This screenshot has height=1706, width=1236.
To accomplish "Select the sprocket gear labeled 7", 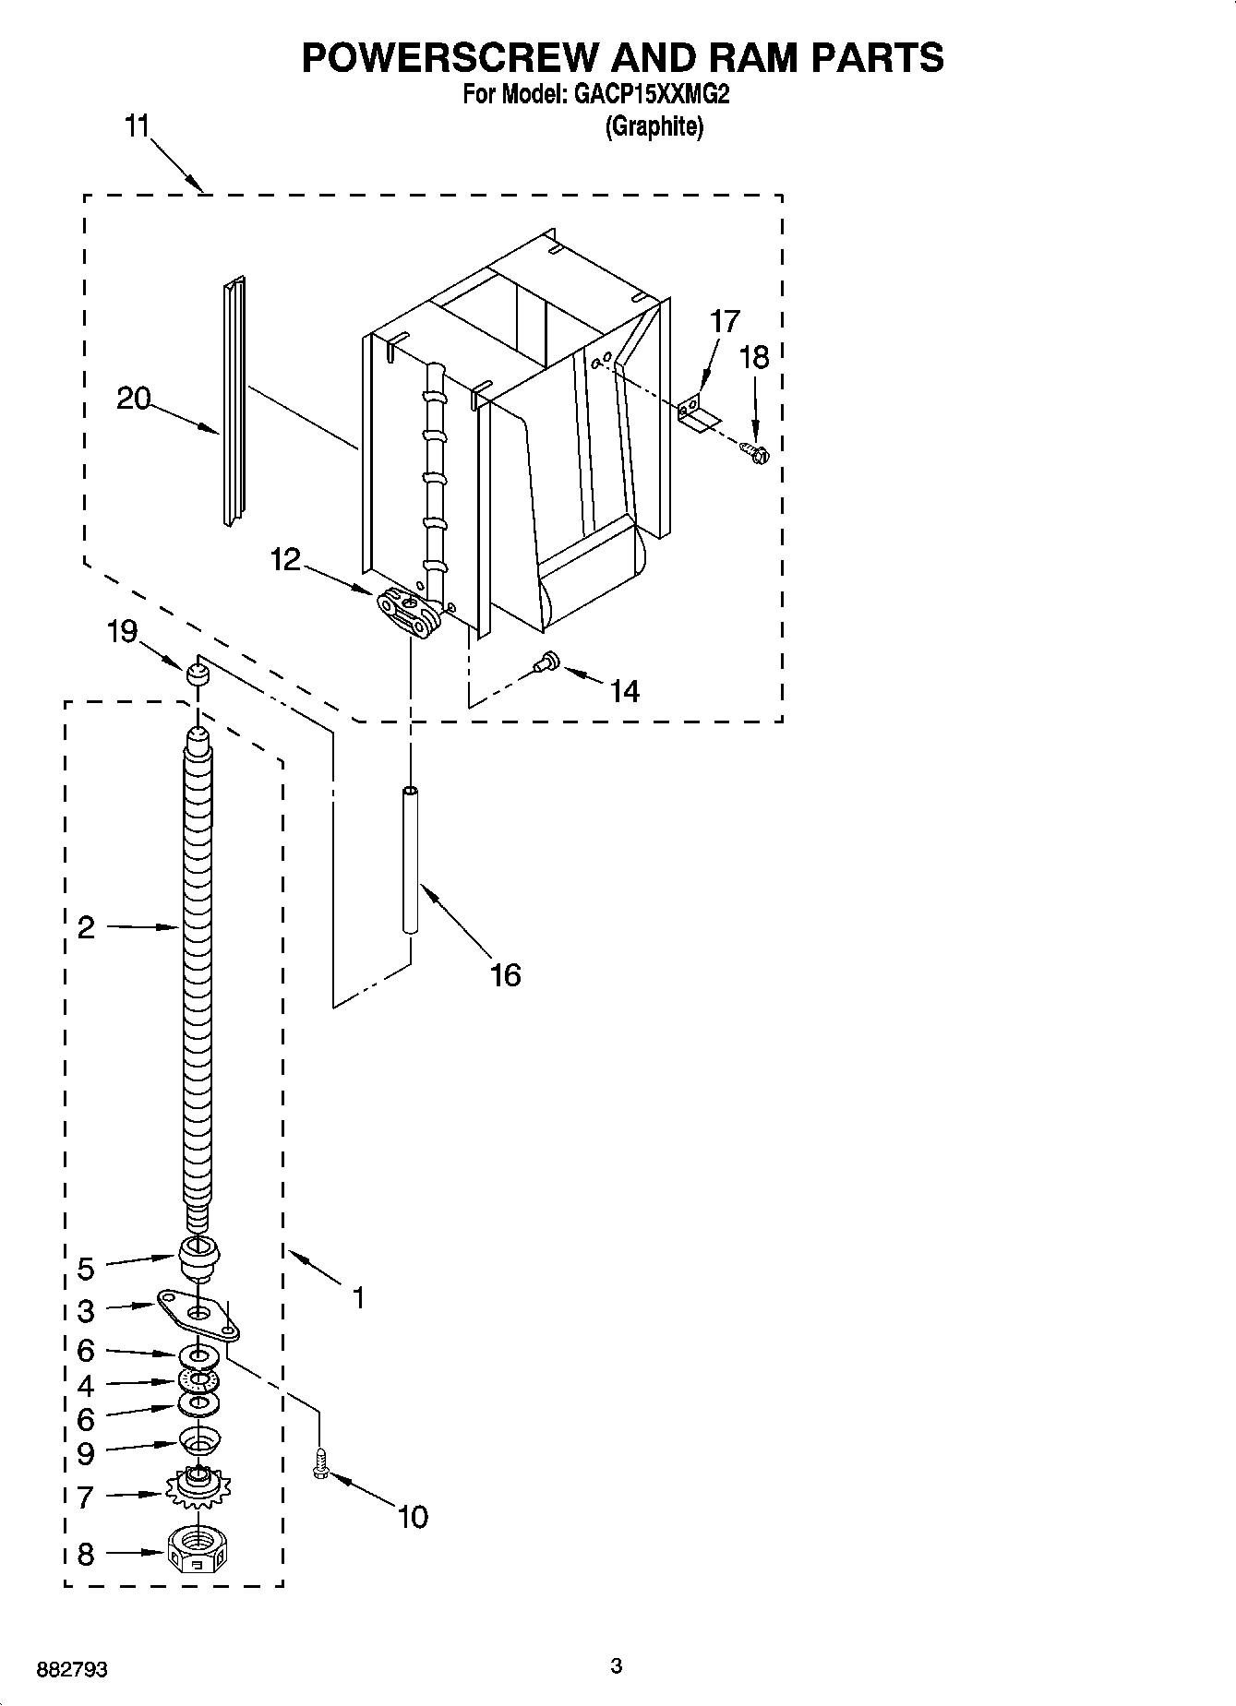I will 198,1486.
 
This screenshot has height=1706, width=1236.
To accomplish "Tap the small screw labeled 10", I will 320,1465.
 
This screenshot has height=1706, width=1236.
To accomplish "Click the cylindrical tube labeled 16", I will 410,860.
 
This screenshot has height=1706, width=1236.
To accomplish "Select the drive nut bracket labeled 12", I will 408,612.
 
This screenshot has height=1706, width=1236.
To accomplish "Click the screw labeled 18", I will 757,453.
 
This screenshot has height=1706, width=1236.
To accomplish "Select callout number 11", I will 137,126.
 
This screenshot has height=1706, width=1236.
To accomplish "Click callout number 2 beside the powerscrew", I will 86,927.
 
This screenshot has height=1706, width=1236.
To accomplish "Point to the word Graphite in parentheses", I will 654,126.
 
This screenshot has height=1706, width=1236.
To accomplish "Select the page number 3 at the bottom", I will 617,1665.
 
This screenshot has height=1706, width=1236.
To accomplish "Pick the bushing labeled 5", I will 198,1257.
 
